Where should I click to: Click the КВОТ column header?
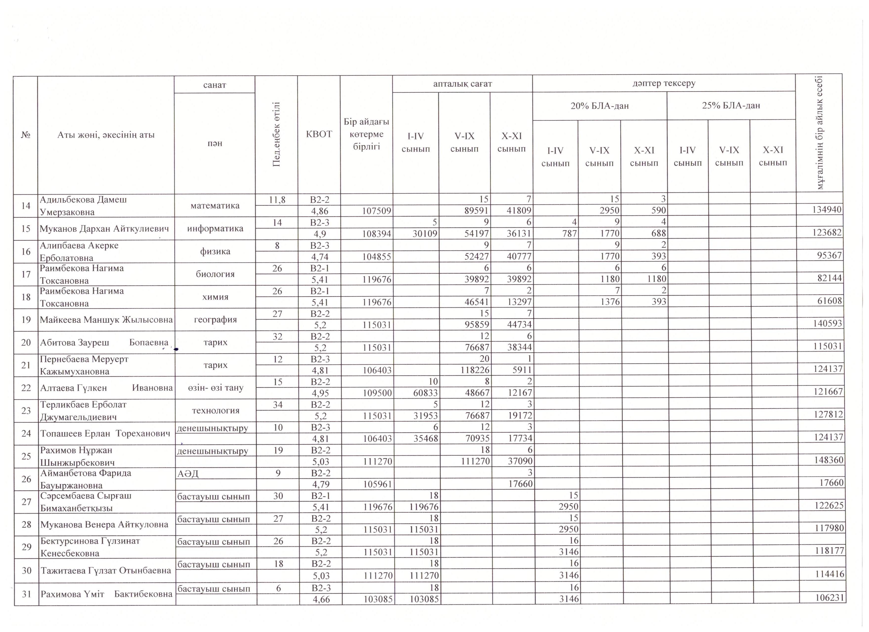319,134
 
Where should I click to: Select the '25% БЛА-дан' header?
731,105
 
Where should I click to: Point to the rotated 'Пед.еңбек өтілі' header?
276,134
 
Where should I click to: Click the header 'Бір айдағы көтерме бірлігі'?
366,134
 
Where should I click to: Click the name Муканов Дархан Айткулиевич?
104,229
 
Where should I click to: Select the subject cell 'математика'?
215,206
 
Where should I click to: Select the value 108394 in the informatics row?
377,233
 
